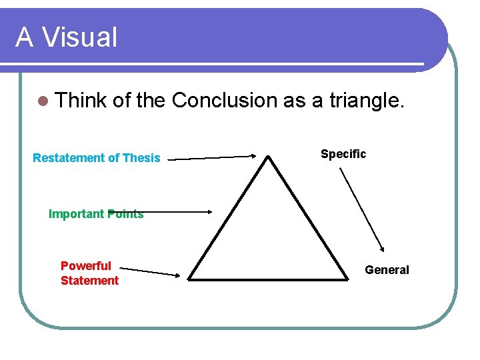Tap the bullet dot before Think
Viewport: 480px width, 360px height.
pos(43,101)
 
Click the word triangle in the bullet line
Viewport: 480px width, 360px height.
pos(366,100)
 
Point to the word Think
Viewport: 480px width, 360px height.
pos(81,100)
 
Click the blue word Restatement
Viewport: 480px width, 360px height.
pos(69,158)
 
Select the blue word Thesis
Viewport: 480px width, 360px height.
pos(141,158)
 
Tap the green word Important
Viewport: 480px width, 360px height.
pos(77,214)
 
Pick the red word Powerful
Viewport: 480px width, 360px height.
pos(86,266)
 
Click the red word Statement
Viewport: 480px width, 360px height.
pos(89,281)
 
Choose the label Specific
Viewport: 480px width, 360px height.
pos(343,154)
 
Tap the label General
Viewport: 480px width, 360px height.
pos(387,270)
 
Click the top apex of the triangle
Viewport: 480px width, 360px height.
pos(268,157)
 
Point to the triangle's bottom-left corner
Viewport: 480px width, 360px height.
pos(189,279)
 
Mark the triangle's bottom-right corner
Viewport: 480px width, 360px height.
pos(348,279)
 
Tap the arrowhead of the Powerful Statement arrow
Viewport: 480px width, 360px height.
pos(178,274)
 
